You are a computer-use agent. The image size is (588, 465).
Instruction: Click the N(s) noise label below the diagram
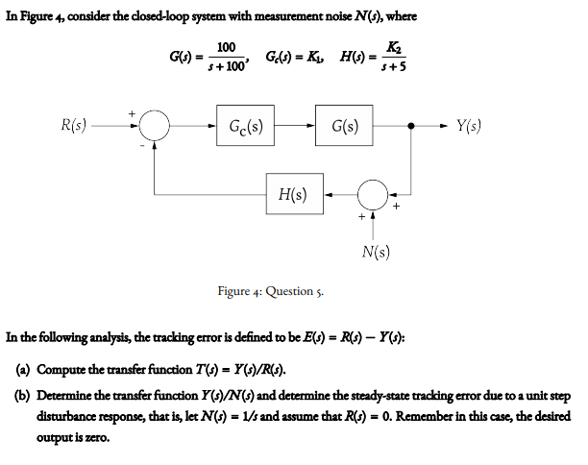click(376, 253)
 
